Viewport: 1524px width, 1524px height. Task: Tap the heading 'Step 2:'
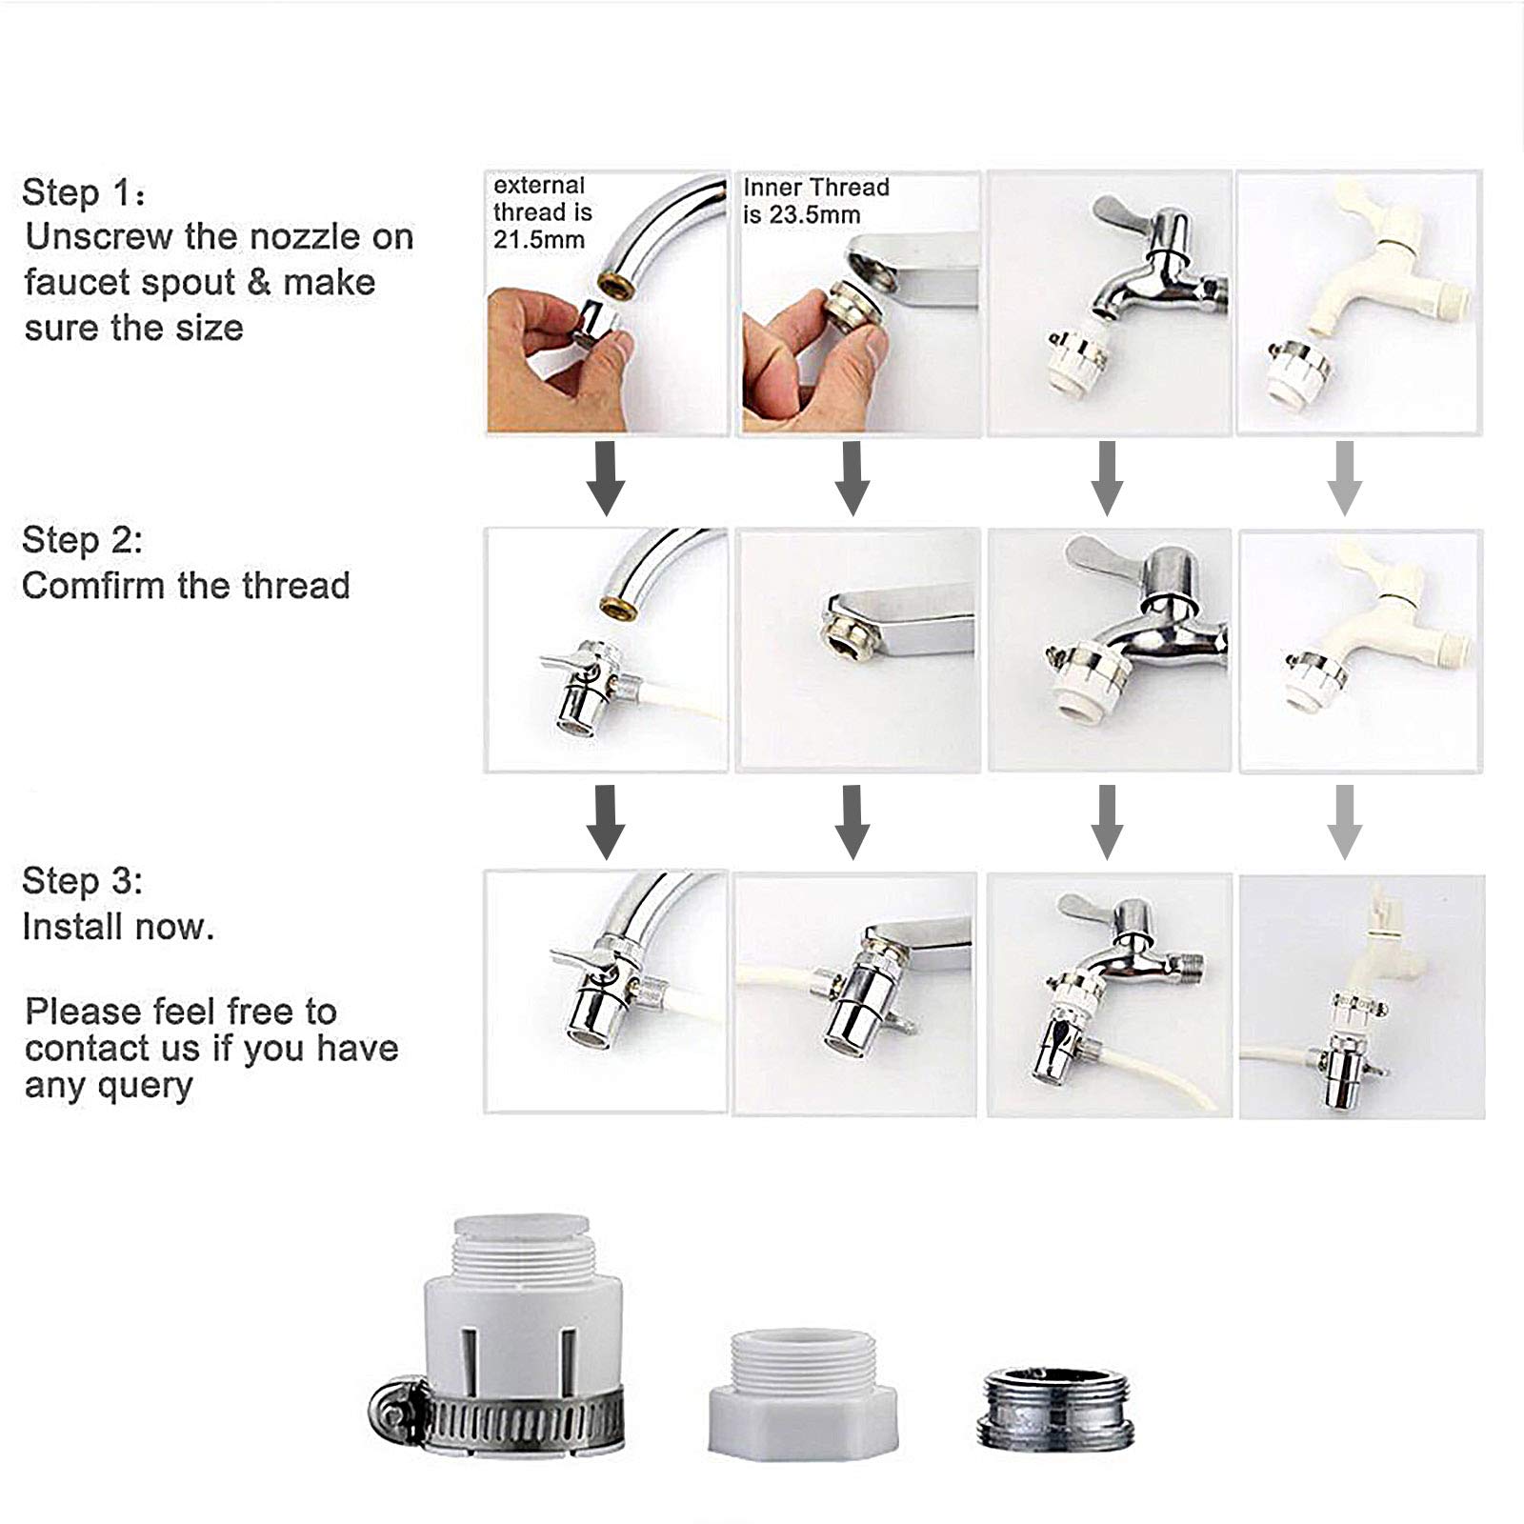(x=82, y=540)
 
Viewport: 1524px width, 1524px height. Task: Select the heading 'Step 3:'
(x=82, y=881)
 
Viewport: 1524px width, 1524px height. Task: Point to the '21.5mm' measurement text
(x=538, y=240)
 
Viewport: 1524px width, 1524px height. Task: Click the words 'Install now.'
(x=118, y=927)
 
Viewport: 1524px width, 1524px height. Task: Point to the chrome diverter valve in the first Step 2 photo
(x=586, y=686)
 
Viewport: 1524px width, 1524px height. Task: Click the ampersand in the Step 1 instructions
(x=258, y=283)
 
